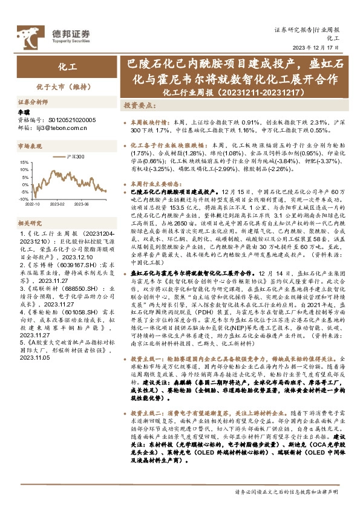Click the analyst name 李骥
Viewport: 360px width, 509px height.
coord(24,112)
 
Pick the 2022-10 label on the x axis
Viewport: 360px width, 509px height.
coord(34,204)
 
